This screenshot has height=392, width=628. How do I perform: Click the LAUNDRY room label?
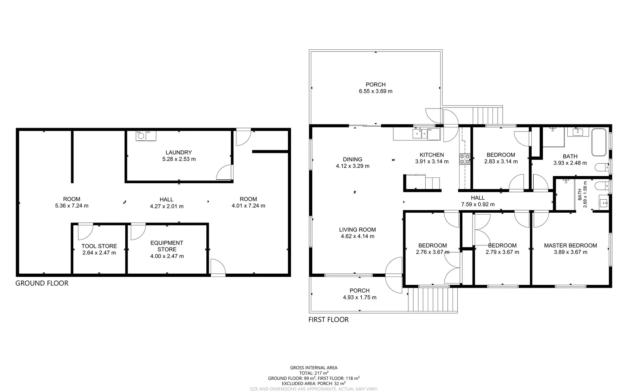(x=178, y=152)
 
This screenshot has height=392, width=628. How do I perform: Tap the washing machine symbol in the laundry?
(x=141, y=136)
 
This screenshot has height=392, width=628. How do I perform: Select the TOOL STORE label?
(x=99, y=246)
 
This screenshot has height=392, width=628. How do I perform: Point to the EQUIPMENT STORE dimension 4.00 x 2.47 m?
(x=167, y=256)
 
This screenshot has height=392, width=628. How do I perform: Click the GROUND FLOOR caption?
(x=42, y=283)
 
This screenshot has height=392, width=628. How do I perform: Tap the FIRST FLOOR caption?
(x=328, y=320)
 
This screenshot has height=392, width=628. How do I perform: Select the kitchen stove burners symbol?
(x=465, y=159)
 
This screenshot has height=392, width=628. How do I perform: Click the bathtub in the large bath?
(x=599, y=142)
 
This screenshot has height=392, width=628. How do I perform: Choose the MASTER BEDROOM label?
(x=570, y=245)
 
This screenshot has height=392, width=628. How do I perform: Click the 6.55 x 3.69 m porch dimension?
(x=376, y=91)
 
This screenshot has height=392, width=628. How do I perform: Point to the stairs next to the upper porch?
(x=487, y=115)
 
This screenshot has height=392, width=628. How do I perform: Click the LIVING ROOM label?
(x=357, y=229)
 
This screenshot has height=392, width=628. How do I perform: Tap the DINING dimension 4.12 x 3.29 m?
(x=352, y=166)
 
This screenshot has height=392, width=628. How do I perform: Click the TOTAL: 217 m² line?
(x=313, y=373)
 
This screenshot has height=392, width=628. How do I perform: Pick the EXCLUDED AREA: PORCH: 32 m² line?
(x=313, y=383)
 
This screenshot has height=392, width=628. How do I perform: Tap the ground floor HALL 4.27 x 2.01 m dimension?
(x=166, y=206)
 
